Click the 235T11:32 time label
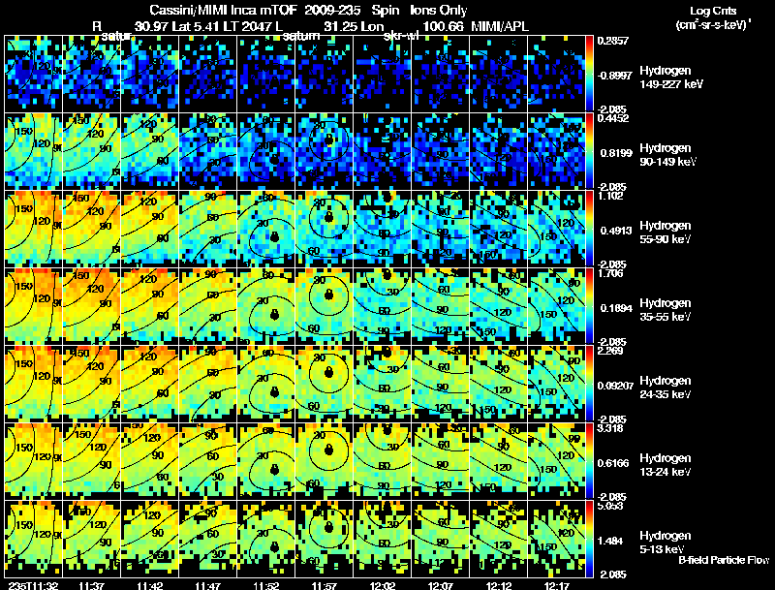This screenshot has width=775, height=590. tap(32, 585)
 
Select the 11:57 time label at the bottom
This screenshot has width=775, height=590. tap(325, 585)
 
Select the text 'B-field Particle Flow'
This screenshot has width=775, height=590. tap(723, 560)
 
